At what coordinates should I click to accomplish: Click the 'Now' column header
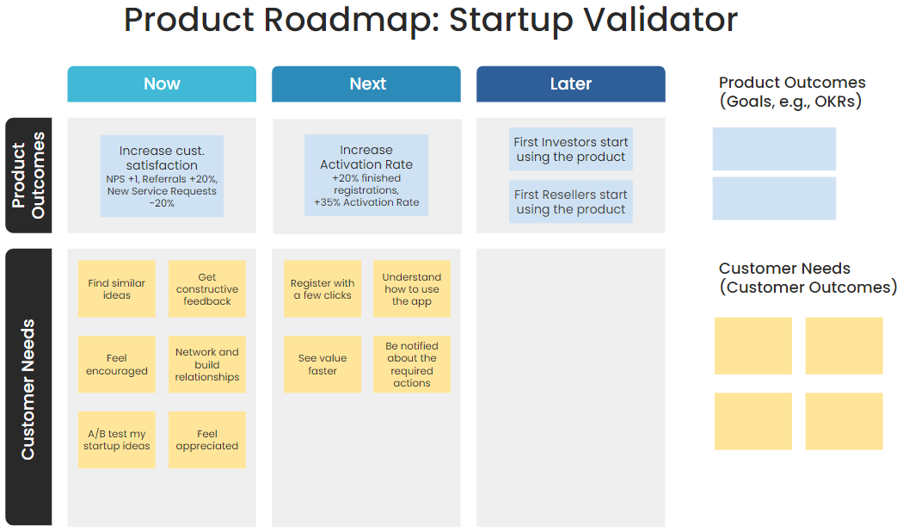pos(162,84)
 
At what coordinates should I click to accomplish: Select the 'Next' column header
pos(366,84)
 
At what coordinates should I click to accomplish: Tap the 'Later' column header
pos(570,84)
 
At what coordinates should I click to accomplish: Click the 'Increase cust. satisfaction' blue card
pos(162,176)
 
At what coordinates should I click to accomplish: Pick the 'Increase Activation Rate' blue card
pos(366,176)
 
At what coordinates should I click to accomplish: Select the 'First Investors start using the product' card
pos(570,150)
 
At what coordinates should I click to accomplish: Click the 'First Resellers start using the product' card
pos(570,201)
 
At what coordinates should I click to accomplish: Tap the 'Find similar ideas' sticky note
pos(117,289)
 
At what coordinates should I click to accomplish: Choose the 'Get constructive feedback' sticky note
pos(206,289)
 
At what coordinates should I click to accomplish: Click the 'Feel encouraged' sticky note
pos(117,364)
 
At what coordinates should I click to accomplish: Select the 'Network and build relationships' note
pos(206,364)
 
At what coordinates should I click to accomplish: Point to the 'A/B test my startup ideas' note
pos(117,439)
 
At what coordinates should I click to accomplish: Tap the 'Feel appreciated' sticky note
pos(206,439)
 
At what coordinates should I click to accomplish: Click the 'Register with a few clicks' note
pos(322,289)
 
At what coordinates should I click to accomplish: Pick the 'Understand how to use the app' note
pos(411,289)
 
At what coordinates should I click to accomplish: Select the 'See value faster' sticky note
pos(322,364)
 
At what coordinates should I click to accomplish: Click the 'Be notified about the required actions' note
pos(411,364)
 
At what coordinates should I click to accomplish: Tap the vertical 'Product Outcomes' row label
pos(28,176)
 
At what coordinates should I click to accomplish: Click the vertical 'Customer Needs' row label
pos(28,387)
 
